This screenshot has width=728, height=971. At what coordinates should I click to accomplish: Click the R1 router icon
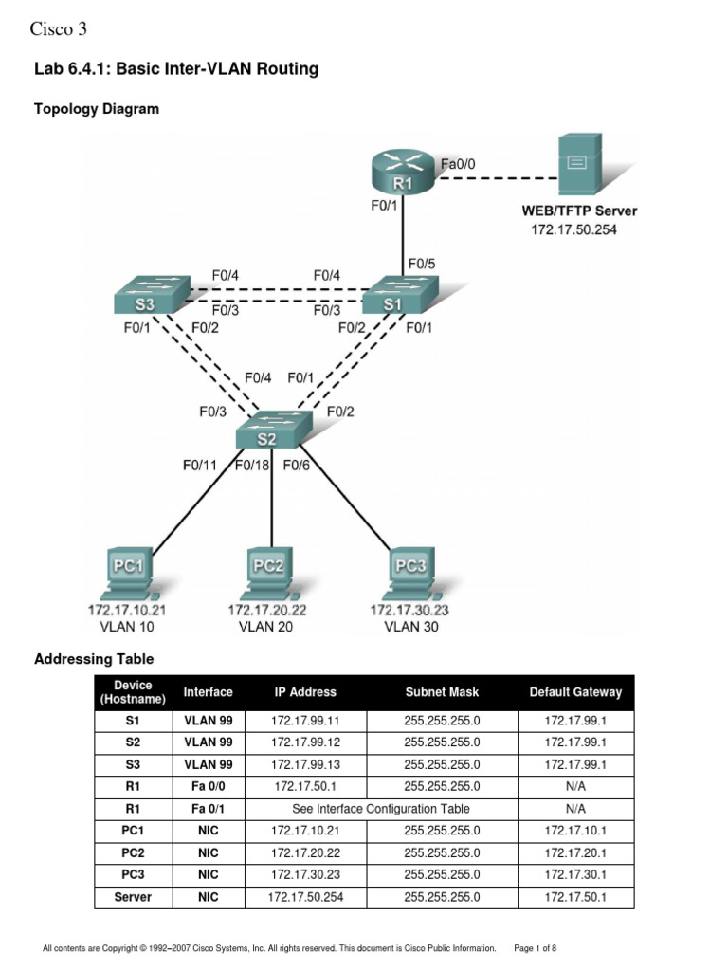[x=403, y=173]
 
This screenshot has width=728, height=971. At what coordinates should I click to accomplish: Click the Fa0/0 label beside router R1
[x=458, y=164]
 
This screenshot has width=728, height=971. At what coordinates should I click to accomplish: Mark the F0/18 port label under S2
[x=253, y=466]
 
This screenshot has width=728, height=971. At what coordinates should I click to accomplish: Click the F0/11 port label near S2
[x=201, y=466]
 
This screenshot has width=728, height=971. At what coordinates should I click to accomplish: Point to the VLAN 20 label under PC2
[x=266, y=627]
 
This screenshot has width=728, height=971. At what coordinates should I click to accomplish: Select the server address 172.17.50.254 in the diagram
[x=573, y=229]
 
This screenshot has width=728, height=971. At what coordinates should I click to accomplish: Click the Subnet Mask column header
[x=442, y=692]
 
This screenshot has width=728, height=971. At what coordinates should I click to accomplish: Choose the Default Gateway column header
[x=575, y=692]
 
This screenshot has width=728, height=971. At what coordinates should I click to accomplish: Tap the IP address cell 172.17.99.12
[x=305, y=742]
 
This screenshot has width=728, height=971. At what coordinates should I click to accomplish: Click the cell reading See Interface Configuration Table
[x=381, y=809]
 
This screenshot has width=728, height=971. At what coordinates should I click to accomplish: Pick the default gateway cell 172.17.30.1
[x=575, y=874]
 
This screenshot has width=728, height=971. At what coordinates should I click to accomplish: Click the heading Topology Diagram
[x=97, y=109]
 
